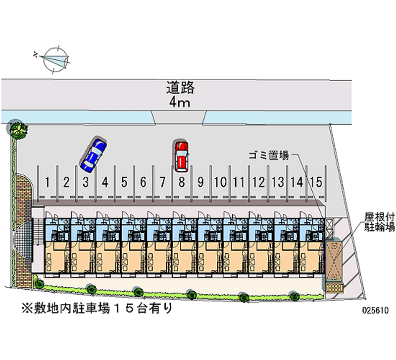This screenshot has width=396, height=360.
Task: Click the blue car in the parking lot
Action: [94, 153]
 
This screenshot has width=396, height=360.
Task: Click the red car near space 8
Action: [181, 155]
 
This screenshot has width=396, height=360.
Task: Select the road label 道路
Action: [180, 89]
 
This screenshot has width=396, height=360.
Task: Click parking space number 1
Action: [47, 182]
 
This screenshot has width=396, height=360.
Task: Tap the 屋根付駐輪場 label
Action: [379, 222]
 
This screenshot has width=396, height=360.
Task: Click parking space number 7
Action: [162, 182]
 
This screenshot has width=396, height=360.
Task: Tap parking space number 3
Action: [86, 182]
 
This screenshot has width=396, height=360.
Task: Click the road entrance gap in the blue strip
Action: [177, 117]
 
